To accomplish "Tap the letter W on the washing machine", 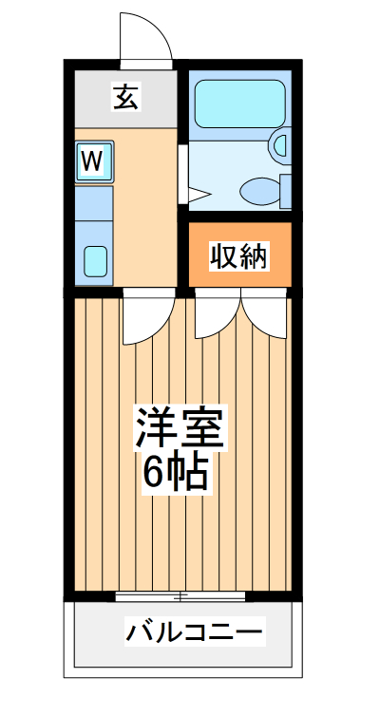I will pos(91,160).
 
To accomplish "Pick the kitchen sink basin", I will pos(95,259).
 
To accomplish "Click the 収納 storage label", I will pos(238,256).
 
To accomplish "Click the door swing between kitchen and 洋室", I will pos(148,318).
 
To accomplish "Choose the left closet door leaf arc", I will pos(218,316).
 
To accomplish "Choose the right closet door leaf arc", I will pos(265,316).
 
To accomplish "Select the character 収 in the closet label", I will pos(223,256).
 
